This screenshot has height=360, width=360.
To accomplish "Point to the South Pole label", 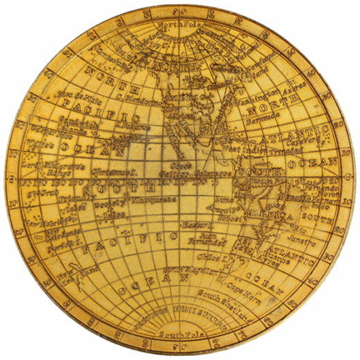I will (177, 333).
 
